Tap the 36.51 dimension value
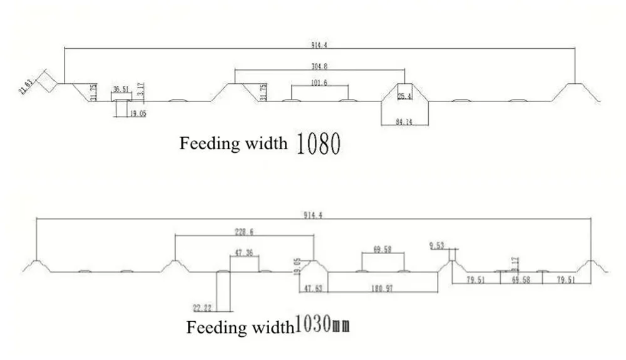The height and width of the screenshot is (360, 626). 121,90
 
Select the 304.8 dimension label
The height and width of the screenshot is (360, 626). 319,64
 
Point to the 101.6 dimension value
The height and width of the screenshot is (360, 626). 319,83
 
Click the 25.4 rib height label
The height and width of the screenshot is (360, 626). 404,96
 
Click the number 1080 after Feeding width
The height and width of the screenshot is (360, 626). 319,144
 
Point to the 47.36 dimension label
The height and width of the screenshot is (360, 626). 244,253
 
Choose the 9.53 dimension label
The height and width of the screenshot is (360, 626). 437,245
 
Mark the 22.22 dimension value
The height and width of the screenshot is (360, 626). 202,307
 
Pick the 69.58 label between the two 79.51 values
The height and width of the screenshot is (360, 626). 521,280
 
